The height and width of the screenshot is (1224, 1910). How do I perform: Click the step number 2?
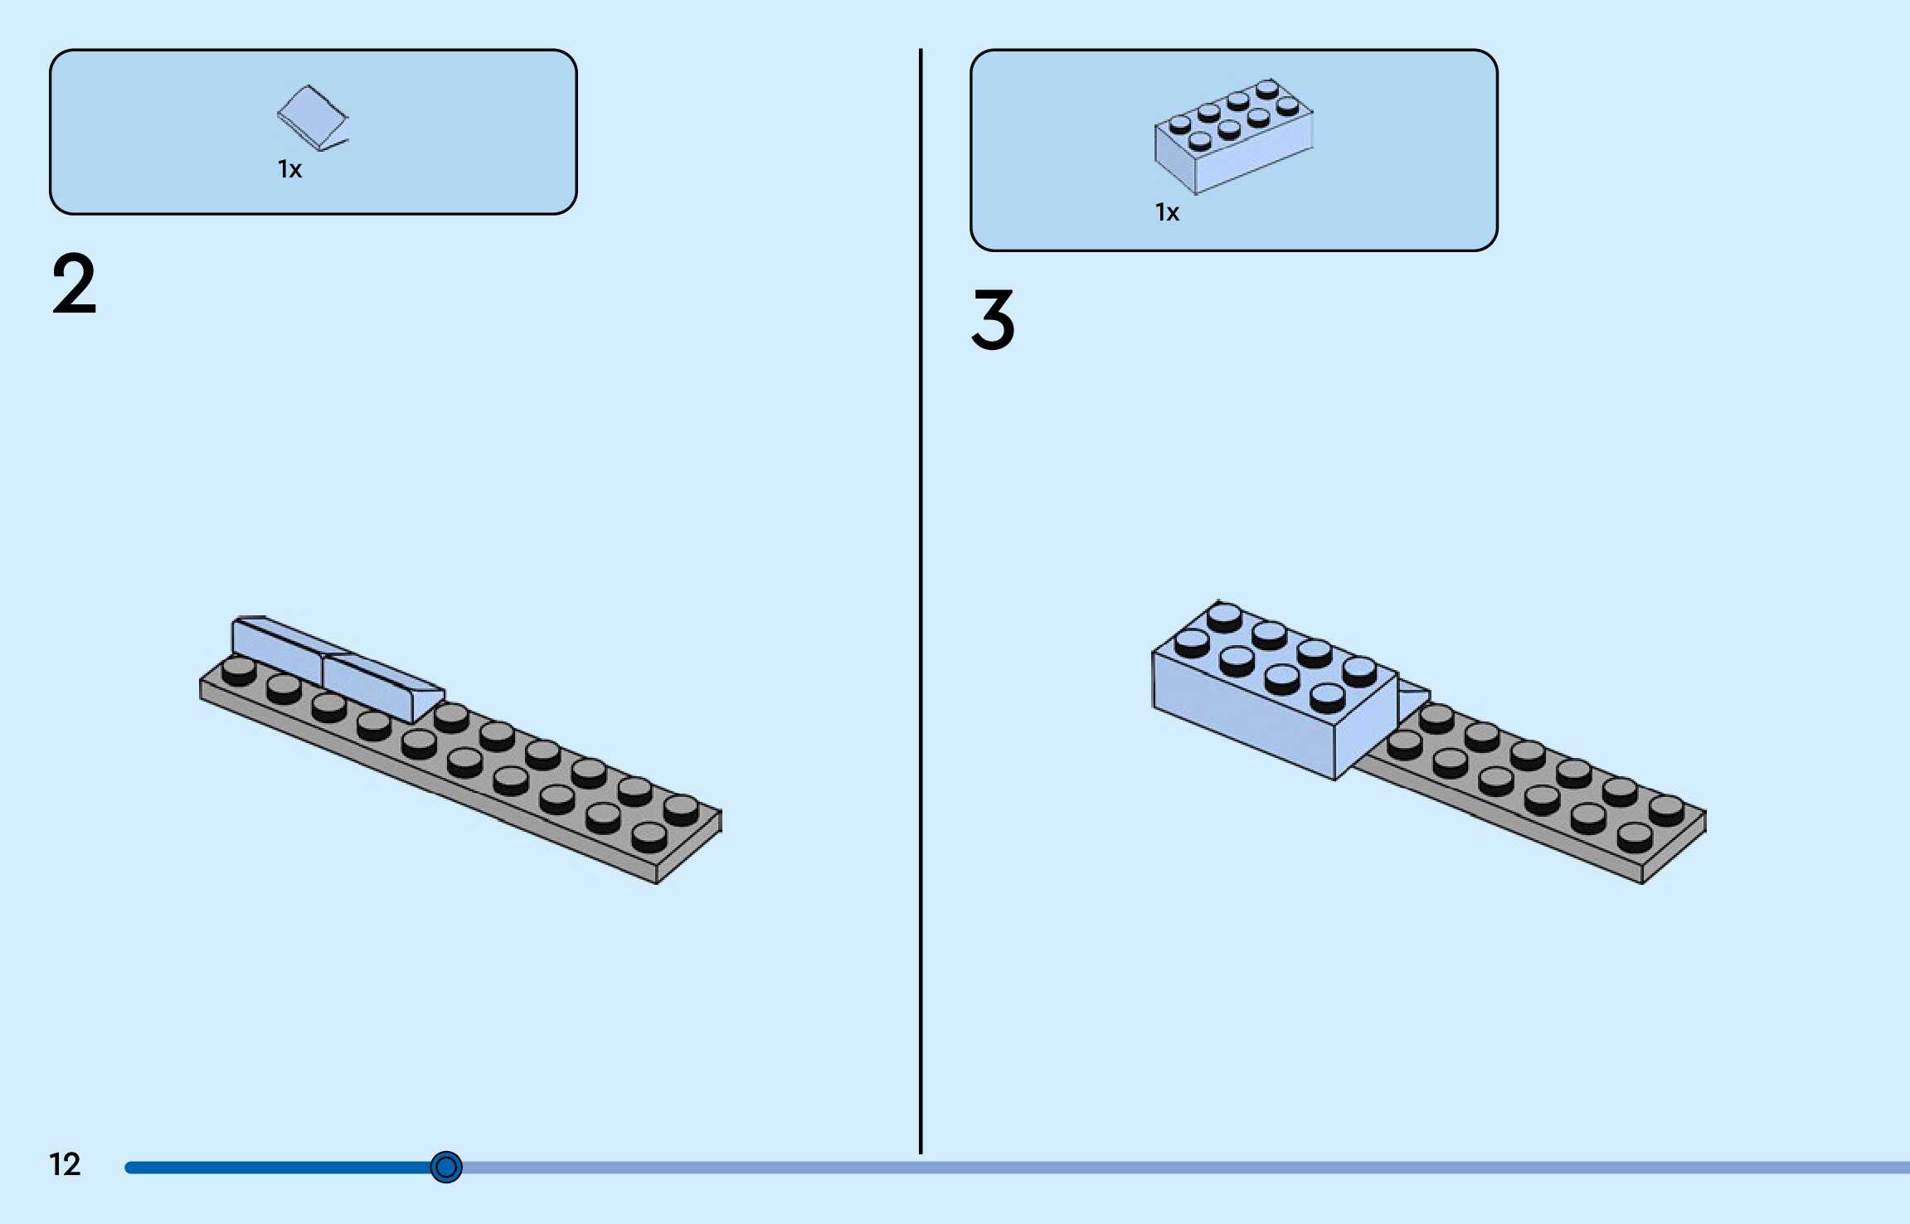coord(75,284)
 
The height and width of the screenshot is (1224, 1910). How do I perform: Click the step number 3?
coord(993,320)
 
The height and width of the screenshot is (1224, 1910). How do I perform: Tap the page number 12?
coord(65,1164)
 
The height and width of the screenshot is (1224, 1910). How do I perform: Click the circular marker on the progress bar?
coord(446,1168)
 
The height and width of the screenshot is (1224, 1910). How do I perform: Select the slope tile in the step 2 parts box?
coord(312,118)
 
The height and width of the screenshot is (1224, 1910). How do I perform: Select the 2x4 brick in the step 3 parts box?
coord(1233,137)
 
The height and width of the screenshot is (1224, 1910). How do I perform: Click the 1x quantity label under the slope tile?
coord(289,170)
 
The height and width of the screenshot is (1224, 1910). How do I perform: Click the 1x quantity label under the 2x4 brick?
coord(1167,213)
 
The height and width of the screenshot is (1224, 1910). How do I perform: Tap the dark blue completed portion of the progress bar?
coord(274,1168)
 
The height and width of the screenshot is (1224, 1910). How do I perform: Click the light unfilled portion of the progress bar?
coord(1161,1168)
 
